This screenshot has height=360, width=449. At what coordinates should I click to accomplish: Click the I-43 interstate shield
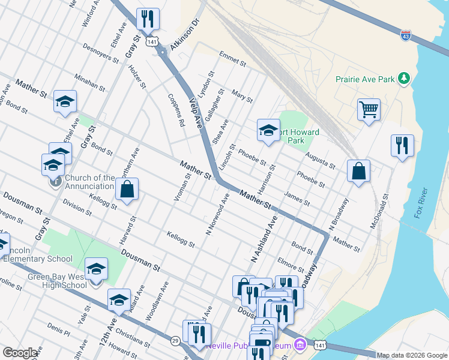click(x=406, y=37)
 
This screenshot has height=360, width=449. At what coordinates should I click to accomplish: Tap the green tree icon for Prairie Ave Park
click(x=405, y=79)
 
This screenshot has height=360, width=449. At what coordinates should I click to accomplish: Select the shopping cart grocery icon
click(x=369, y=110)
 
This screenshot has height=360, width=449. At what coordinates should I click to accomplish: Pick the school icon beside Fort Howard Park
click(x=268, y=130)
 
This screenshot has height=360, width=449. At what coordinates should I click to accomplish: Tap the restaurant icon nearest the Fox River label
click(x=402, y=145)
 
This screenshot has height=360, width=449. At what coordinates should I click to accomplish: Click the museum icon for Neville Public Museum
click(x=300, y=345)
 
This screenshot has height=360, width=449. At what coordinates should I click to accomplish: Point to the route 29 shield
click(x=175, y=341)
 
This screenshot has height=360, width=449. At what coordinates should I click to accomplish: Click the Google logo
click(x=20, y=353)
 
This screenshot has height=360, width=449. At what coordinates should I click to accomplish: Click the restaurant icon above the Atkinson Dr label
click(x=146, y=19)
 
